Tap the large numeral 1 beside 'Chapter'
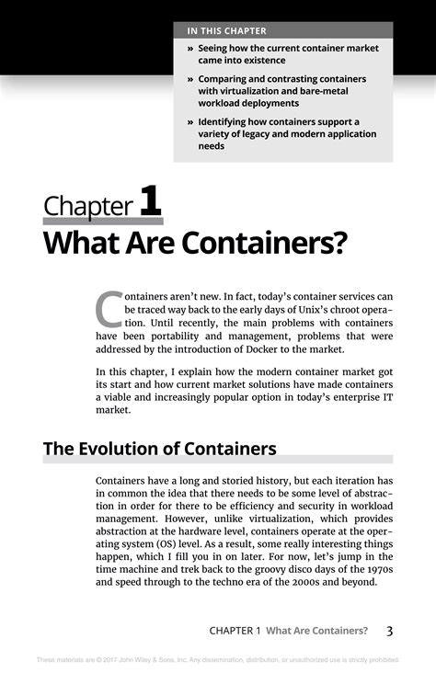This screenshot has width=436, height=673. pyautogui.click(x=150, y=203)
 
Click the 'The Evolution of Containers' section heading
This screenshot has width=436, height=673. pyautogui.click(x=160, y=450)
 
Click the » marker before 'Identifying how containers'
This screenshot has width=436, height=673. pyautogui.click(x=190, y=121)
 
